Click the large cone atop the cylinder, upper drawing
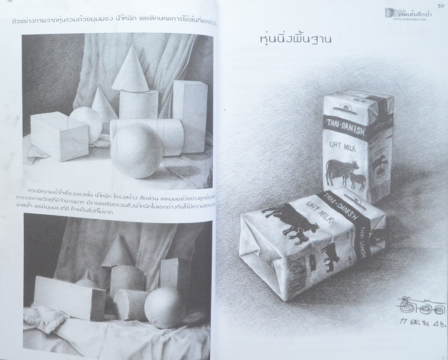point(130,69)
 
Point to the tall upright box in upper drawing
point(190,114)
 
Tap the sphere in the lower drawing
point(164,308)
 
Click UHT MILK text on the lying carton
point(317,210)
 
